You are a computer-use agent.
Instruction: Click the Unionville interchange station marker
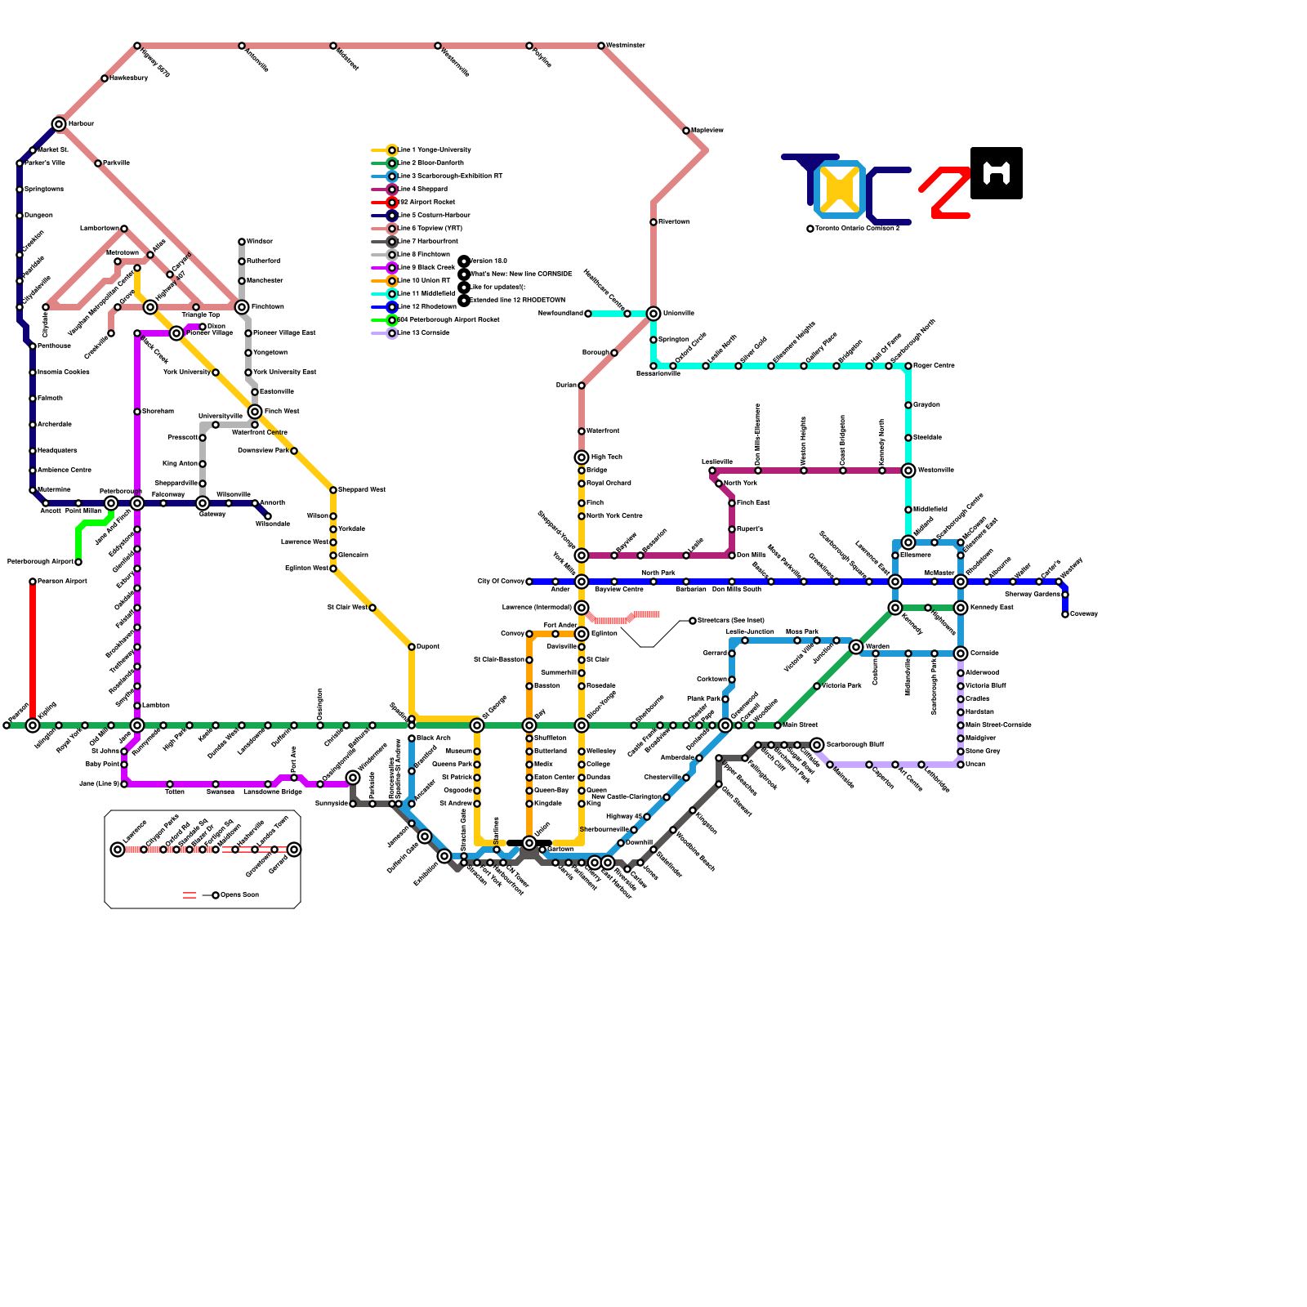click(653, 314)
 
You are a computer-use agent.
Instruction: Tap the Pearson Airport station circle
click(33, 582)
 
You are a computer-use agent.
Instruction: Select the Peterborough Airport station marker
click(78, 562)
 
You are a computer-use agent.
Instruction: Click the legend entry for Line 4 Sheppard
click(422, 190)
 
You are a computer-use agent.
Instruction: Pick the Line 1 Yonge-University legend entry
click(433, 150)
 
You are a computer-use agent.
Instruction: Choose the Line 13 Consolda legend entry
click(422, 333)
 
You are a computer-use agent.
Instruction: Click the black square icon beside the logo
click(997, 173)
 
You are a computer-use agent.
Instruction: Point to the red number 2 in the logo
click(946, 193)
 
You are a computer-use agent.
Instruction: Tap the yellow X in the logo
click(840, 190)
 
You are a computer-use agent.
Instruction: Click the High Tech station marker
click(582, 457)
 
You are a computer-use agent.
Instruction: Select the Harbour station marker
click(59, 124)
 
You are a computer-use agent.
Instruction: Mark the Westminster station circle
click(601, 46)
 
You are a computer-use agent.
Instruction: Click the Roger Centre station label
click(934, 366)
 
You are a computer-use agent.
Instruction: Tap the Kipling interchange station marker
click(33, 725)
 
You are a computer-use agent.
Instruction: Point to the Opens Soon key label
click(239, 895)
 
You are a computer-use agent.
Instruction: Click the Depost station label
click(427, 647)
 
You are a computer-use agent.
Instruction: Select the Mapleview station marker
click(686, 131)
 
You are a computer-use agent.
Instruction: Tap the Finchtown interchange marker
click(242, 307)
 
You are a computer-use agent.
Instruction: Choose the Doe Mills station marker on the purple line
click(732, 555)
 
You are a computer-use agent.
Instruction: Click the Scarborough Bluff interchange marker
click(817, 745)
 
